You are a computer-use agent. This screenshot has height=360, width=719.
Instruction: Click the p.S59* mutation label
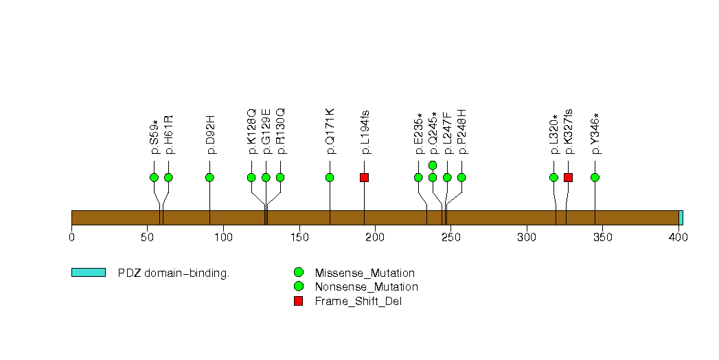tap(154, 137)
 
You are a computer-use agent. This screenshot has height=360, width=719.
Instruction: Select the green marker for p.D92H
tap(209, 177)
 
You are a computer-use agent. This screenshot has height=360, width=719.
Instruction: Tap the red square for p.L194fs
tap(364, 177)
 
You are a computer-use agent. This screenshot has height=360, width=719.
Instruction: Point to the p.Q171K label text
tap(330, 131)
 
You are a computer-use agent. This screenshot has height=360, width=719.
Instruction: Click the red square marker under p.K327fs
tap(568, 177)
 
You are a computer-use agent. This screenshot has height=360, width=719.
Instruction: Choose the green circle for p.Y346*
tap(595, 177)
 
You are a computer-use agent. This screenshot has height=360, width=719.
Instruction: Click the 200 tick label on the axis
tap(375, 237)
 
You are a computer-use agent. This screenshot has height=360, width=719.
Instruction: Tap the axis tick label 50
tap(147, 237)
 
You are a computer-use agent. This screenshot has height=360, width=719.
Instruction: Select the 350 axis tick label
tap(602, 237)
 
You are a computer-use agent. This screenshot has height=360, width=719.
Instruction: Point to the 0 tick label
tap(71, 237)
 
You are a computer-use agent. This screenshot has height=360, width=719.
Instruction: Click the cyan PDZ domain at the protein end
tap(681, 218)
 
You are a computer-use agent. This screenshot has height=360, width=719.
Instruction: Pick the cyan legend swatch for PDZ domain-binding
tap(89, 273)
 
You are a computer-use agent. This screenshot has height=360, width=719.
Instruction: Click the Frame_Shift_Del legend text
tap(358, 302)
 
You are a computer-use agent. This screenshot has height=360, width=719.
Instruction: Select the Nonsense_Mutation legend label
tap(367, 287)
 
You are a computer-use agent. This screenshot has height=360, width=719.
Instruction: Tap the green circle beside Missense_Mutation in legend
tap(299, 273)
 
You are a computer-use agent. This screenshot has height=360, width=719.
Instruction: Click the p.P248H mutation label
tap(461, 132)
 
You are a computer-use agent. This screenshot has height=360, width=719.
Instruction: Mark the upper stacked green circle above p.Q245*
tap(433, 165)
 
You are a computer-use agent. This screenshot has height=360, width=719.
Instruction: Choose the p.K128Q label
tap(251, 132)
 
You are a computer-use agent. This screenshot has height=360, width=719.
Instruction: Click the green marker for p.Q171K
tap(330, 177)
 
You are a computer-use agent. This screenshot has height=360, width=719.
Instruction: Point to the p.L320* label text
tap(554, 135)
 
